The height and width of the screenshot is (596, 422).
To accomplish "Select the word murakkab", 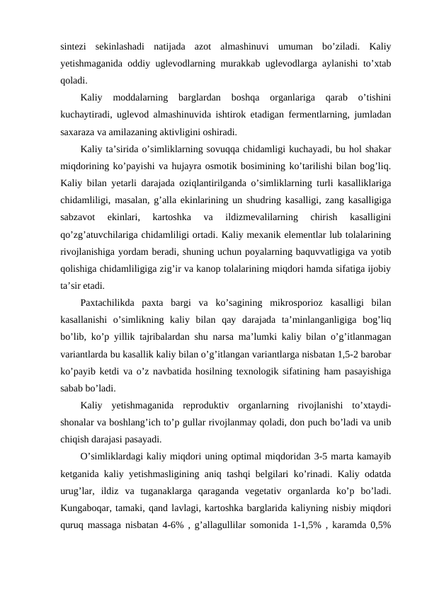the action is coord(253,64).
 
